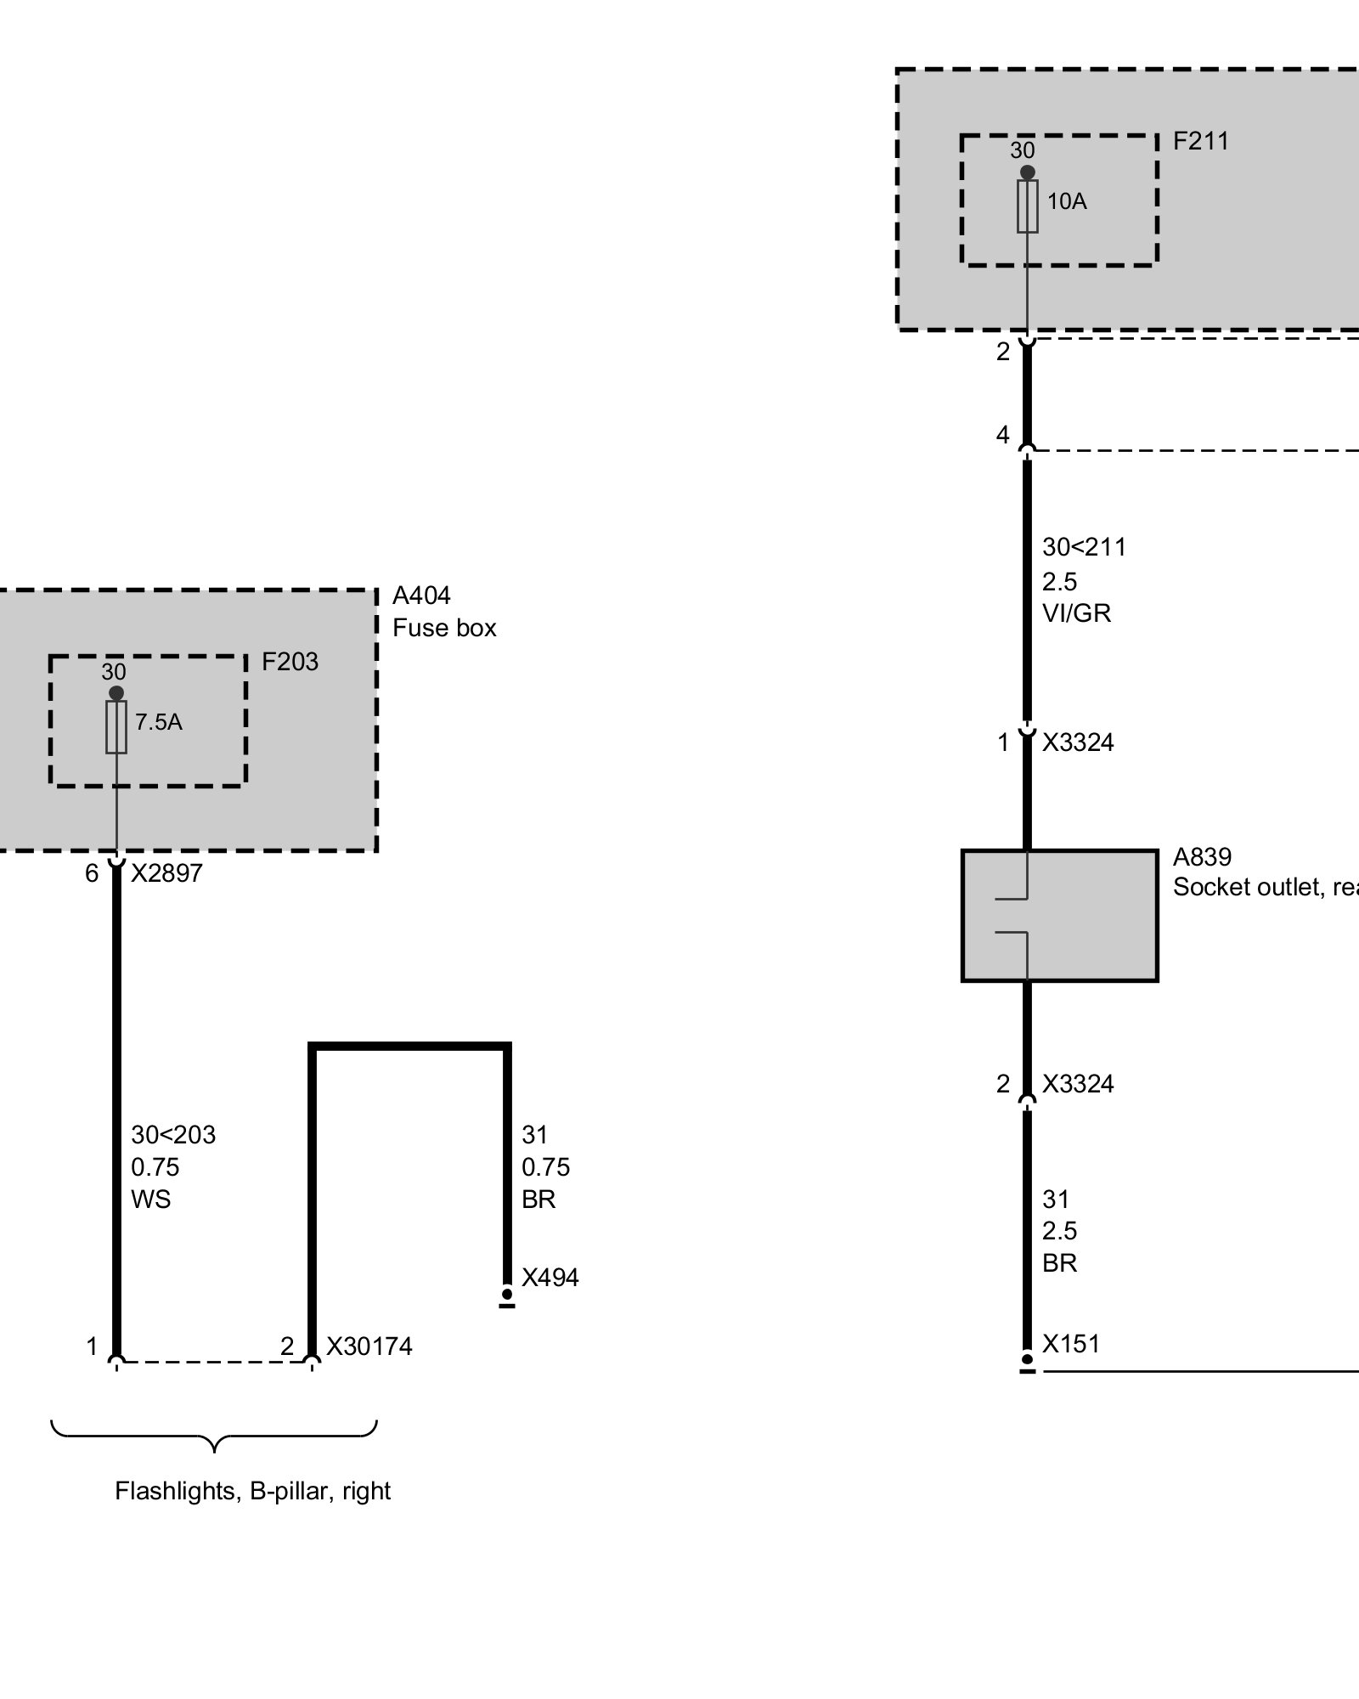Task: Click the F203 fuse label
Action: point(290,662)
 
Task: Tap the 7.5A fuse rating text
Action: point(159,722)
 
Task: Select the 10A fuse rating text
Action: point(1067,201)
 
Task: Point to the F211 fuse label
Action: point(1201,141)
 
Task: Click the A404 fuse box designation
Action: point(421,595)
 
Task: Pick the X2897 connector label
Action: point(166,873)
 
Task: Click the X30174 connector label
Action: point(369,1346)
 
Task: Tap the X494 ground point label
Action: point(550,1278)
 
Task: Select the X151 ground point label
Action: point(1071,1344)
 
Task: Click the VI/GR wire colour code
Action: point(1077,613)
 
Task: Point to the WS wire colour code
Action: point(151,1199)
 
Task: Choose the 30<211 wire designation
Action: point(1085,547)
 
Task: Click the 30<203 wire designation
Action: point(173,1135)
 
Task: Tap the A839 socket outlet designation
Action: point(1202,856)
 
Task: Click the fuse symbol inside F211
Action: point(1027,206)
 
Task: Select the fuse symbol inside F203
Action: point(116,727)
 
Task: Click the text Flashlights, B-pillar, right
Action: point(252,1491)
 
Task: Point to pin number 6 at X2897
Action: point(92,873)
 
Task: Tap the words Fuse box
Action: point(444,628)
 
